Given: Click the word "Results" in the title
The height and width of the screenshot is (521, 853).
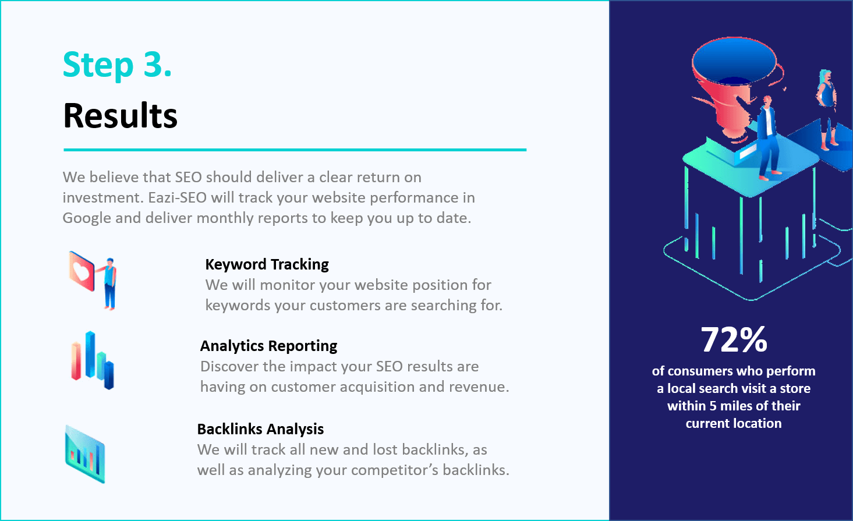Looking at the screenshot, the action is (121, 116).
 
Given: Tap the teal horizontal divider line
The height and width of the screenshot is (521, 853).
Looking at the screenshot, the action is (295, 150).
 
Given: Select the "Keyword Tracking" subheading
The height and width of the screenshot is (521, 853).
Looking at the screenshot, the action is (267, 264).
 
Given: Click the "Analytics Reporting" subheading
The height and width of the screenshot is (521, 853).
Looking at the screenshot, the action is (268, 346).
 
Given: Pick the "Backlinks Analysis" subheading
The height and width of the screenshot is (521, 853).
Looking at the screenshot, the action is (260, 429).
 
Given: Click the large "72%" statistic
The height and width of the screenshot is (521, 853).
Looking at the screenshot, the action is (734, 340).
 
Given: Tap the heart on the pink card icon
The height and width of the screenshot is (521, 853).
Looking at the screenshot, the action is (81, 271).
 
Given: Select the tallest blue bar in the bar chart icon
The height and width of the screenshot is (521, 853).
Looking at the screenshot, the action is (90, 354).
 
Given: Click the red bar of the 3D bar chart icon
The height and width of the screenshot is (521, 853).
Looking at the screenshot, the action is (76, 361).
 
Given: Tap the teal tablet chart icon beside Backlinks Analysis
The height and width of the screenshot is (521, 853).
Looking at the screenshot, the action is (85, 454).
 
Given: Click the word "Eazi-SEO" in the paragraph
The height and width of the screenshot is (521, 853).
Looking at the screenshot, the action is (178, 198).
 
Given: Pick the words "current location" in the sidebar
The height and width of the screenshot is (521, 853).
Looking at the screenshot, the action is (734, 424).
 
